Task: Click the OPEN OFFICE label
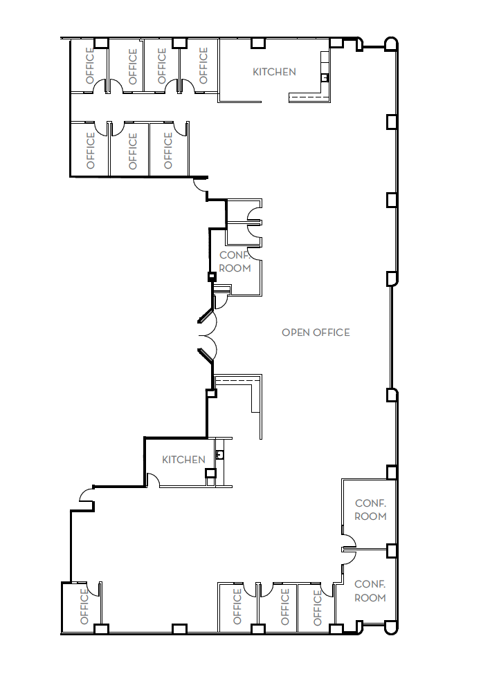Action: click(x=316, y=333)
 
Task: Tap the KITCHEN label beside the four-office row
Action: click(x=274, y=72)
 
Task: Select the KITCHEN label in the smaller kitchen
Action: click(x=183, y=460)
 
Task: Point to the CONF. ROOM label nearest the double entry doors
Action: click(x=235, y=261)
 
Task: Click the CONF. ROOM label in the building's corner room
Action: click(x=370, y=591)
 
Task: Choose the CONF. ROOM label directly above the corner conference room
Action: click(x=370, y=510)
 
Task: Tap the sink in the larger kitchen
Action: click(x=324, y=77)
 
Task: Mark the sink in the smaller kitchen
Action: click(x=219, y=454)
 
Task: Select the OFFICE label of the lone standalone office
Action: click(x=84, y=606)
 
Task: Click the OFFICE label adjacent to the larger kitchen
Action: click(x=203, y=64)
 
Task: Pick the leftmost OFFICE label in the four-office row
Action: click(x=89, y=65)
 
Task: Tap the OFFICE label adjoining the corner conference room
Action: click(x=318, y=606)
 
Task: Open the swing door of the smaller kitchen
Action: click(x=154, y=479)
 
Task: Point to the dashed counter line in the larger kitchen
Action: click(x=309, y=97)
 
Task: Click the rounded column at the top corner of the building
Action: click(x=391, y=44)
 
